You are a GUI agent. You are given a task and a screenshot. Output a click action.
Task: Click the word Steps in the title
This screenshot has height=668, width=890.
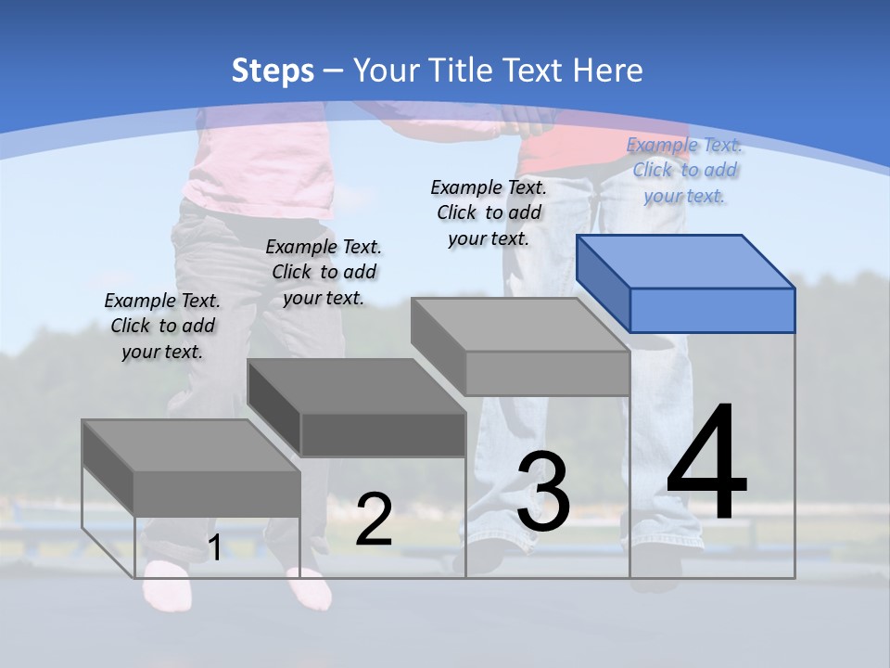272,71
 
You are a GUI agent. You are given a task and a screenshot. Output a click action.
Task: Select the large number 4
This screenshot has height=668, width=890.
706,464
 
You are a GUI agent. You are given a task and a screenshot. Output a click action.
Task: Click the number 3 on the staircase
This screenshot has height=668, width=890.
543,492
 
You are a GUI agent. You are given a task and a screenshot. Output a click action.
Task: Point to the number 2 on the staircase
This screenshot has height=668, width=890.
374,520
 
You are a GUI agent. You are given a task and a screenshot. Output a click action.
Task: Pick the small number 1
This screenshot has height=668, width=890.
214,548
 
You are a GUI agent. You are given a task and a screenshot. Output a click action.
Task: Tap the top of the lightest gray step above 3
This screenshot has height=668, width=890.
519,325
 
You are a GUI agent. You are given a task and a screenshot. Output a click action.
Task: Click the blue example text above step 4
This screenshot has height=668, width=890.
684,170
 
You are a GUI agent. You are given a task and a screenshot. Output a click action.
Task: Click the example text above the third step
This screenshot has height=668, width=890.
489,212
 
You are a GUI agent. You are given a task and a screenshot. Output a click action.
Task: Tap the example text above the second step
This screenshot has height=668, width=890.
324,272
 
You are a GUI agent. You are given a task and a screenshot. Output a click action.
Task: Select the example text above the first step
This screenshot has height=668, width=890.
162,326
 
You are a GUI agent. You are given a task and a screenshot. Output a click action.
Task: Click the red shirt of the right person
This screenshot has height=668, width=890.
556,148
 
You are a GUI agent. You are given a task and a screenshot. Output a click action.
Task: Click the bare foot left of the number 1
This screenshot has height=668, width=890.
167,584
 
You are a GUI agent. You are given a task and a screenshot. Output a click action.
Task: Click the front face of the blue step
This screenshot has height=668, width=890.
712,310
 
